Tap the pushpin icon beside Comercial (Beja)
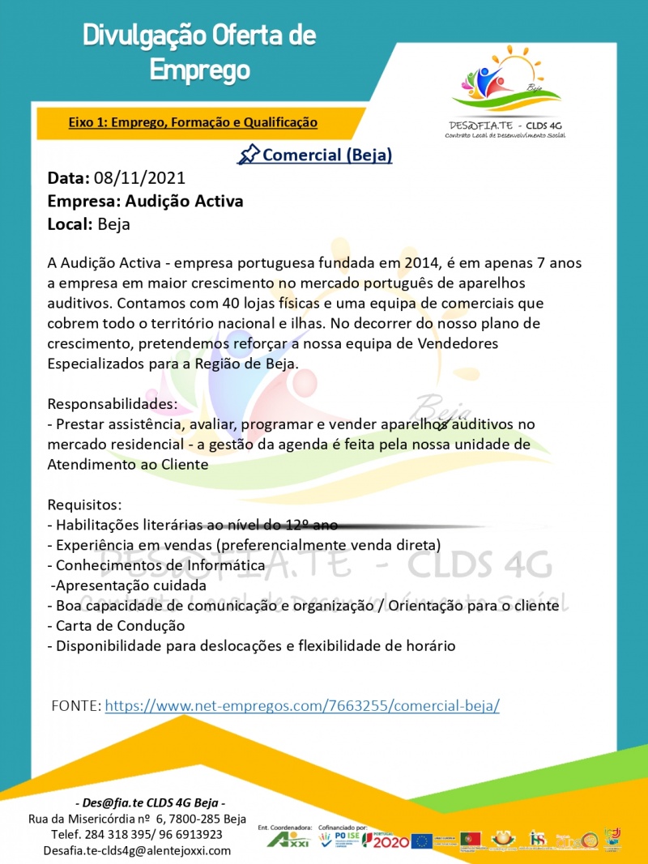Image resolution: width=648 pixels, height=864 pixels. point(249,153)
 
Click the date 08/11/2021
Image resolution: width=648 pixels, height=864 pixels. point(140,178)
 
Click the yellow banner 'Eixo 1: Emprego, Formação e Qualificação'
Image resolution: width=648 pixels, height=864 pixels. point(193,122)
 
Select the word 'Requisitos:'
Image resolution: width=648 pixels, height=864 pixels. point(84,504)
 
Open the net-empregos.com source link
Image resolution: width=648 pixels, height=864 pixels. point(302,705)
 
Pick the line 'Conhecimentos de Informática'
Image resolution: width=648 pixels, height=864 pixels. point(160,564)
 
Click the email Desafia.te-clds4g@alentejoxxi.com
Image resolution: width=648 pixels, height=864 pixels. point(137,850)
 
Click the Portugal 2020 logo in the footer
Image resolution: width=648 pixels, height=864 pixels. point(386,841)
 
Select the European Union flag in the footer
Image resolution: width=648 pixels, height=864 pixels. point(421,841)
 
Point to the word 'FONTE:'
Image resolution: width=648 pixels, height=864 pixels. point(76,705)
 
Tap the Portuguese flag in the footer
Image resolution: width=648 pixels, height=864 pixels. point(470,840)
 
